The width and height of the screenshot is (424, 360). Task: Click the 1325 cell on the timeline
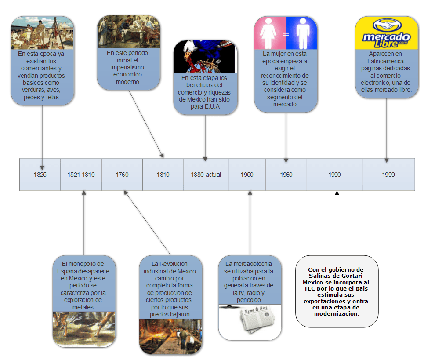coord(40,175)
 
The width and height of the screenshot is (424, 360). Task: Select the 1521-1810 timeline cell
coord(81,175)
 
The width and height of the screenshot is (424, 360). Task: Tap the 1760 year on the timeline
coord(122,175)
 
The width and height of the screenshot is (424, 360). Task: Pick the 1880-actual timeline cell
coord(206,175)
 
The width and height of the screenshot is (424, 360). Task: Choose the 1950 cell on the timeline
coord(247,175)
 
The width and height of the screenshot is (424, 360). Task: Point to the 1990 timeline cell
coord(334,175)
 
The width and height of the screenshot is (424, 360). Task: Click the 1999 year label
coord(388,175)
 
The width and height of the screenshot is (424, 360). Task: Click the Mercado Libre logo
coord(387,33)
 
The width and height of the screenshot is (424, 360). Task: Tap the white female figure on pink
coord(268,33)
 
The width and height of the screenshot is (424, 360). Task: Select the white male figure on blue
coord(303,33)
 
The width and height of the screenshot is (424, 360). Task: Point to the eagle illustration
coord(205,57)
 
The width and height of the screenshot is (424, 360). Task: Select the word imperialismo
coord(127,67)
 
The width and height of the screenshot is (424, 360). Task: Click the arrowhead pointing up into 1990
coord(337,193)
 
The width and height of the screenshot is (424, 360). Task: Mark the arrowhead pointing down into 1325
coord(42,168)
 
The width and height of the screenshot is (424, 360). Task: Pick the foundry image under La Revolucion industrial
coord(170,336)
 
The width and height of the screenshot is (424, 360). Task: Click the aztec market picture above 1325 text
coord(42,33)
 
